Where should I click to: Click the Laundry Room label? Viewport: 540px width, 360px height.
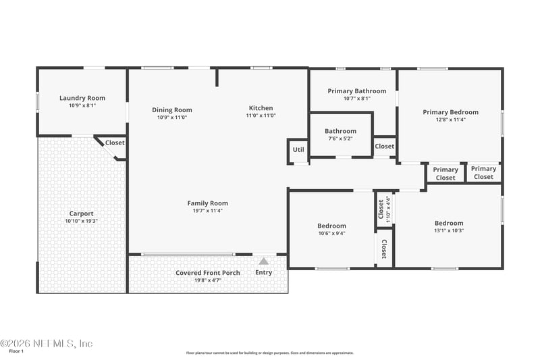tap(82, 98)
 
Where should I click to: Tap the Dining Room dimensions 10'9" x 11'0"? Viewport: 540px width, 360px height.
tap(172, 117)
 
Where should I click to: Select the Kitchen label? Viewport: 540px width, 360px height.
tap(261, 108)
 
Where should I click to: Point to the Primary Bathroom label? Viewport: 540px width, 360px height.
tap(357, 91)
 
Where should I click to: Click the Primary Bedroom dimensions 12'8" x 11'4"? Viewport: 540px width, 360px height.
tap(451, 120)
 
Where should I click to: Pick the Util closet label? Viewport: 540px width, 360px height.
tap(298, 149)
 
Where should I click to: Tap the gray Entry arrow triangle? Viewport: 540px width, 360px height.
tap(264, 261)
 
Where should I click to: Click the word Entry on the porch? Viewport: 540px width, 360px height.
tap(264, 272)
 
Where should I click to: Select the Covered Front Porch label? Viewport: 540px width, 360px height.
tap(208, 273)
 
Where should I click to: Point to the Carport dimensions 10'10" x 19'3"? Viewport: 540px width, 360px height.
tap(82, 221)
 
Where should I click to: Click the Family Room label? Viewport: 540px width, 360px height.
tap(208, 203)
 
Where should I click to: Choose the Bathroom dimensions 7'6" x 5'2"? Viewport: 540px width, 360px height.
tap(341, 138)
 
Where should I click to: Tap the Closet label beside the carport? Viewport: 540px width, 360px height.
tap(115, 143)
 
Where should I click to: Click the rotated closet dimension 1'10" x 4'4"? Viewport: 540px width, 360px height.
tap(389, 209)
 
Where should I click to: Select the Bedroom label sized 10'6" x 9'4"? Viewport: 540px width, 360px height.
tap(331, 226)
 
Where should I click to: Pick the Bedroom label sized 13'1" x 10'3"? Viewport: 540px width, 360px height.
tap(449, 224)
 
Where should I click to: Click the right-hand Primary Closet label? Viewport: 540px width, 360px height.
tap(483, 173)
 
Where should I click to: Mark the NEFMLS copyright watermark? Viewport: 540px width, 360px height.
tap(47, 344)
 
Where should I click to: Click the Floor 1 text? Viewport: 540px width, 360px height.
tap(16, 351)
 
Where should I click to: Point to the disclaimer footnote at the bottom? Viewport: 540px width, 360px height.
tap(270, 353)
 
